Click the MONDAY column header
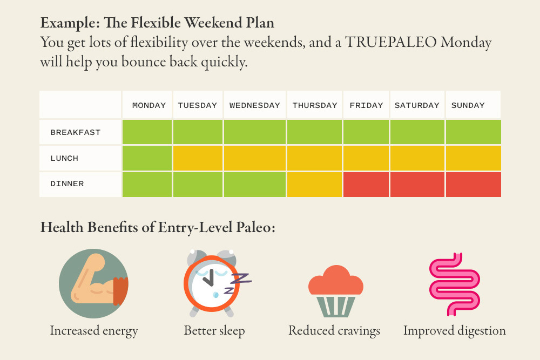149,105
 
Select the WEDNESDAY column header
255,105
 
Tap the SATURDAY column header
417,105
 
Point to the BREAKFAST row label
76,133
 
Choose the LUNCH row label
64,158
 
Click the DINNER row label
67,184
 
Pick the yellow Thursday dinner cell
314,185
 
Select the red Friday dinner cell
366,185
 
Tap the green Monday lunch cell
147,158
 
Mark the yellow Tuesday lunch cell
198,158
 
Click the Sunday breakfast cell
474,132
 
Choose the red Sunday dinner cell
474,185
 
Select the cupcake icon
336,291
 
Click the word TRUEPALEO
391,42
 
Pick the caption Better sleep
214,331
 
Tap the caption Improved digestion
455,331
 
